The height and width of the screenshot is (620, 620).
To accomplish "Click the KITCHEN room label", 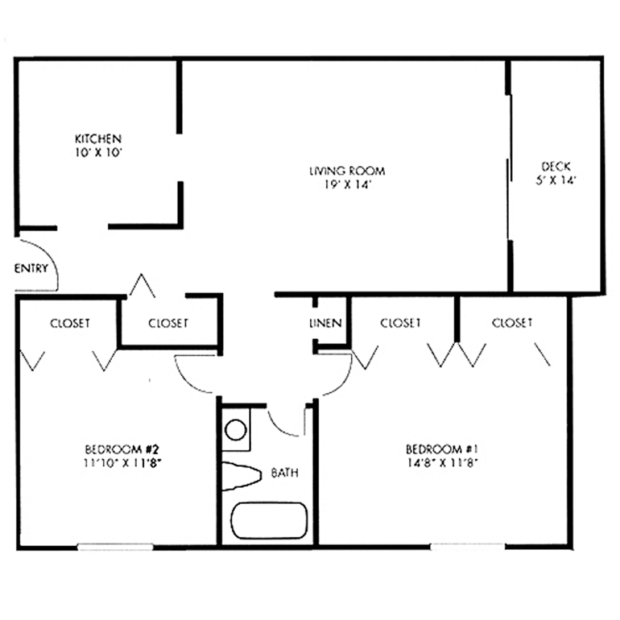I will coord(98,139).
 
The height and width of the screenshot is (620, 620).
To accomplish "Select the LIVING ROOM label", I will coord(347,170).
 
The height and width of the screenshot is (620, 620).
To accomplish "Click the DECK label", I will coord(556,167).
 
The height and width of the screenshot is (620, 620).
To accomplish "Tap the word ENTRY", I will coord(31,268).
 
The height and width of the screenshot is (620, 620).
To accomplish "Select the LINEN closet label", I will coord(325,323).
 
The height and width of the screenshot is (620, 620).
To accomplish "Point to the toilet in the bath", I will coord(242,476).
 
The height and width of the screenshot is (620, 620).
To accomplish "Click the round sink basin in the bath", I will coord(236,430).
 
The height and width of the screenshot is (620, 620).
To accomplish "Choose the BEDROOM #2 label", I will coord(122,449).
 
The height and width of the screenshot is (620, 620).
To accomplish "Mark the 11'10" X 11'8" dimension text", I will coord(122,463).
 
